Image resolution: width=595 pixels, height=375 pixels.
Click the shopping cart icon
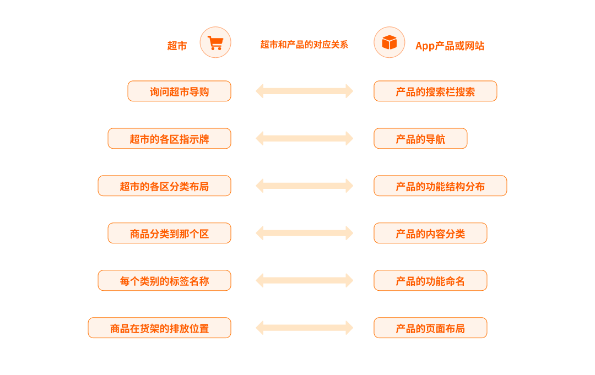coord(215,42)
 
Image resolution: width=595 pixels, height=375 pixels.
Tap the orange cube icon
coord(390,42)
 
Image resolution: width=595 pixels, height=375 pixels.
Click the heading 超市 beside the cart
coord(177,46)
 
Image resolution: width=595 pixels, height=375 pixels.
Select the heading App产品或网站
coord(450,46)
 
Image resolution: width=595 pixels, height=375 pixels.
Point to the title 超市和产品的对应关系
coord(304,45)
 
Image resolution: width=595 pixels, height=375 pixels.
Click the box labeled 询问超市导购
coord(179,91)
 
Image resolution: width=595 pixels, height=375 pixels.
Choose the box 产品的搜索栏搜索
coord(435,91)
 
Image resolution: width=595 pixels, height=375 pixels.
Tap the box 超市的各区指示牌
coord(169,138)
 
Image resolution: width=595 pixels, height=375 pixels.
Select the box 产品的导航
coord(420,138)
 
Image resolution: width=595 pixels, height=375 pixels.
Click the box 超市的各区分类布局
coord(164,186)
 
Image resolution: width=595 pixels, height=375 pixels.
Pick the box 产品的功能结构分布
coord(440,186)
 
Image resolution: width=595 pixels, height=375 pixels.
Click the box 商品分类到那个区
coord(169,233)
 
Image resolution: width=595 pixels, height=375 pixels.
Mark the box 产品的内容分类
coord(430,233)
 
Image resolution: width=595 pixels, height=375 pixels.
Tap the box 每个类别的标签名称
coord(164,281)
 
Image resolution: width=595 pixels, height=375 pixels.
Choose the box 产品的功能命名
coord(430,281)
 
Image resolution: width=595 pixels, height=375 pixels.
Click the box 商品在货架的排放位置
coord(159,328)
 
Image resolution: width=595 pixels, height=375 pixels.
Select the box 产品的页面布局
coord(430,328)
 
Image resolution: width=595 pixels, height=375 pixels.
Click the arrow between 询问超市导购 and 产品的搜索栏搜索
coord(304,91)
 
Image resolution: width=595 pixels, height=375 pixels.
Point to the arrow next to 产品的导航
coord(304,138)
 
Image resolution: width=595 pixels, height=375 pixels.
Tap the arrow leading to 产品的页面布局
coord(304,328)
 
